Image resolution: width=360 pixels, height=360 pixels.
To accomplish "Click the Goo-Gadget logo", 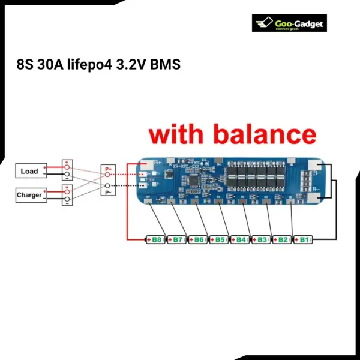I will (x=289, y=24).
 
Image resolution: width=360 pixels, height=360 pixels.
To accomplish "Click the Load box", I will (x=29, y=171).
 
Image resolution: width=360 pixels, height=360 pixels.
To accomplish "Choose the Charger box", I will (x=29, y=195).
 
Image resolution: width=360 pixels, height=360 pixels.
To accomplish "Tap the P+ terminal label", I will (x=108, y=170).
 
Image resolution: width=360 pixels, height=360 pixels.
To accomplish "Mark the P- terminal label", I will (x=108, y=193).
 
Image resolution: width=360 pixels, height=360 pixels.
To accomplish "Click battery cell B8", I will (x=155, y=240).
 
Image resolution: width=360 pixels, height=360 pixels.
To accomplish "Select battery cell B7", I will (x=176, y=240).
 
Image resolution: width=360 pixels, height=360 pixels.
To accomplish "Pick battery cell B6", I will (x=197, y=240).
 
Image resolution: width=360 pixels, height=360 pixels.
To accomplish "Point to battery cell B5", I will (x=219, y=240).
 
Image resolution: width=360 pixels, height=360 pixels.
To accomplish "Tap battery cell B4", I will (x=240, y=240).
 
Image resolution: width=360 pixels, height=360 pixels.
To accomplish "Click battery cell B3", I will (x=261, y=240).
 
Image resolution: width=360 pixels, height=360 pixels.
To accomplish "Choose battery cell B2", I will (x=282, y=240).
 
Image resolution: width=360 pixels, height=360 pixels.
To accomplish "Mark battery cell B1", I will (x=303, y=240).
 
